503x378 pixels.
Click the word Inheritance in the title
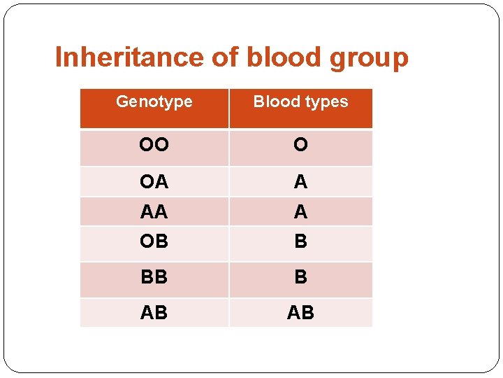coord(129,57)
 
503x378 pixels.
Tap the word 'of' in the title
coord(225,57)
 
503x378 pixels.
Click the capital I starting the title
coord(59,57)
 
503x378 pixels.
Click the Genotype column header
coord(154,102)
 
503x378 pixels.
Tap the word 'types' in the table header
coord(326,102)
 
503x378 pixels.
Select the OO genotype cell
coord(154,145)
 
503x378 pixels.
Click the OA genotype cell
coord(154,182)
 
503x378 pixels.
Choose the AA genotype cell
coord(154,211)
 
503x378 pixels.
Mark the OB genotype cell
coord(154,241)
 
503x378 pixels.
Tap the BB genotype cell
coord(154,277)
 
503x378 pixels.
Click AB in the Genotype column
coord(154,313)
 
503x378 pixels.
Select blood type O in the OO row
coord(300,145)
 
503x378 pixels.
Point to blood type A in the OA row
coord(300,182)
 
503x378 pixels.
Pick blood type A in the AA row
coord(300,211)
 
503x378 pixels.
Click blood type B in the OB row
coord(300,241)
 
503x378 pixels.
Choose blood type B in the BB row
coord(300,277)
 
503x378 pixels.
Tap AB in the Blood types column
coord(300,313)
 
